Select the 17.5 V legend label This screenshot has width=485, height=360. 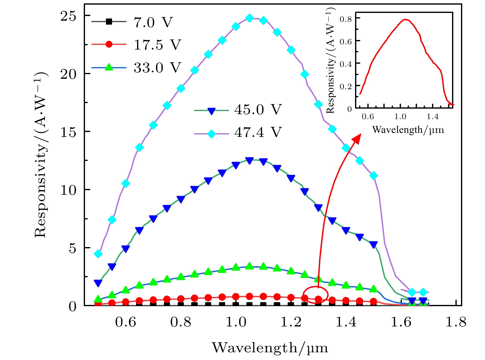157,45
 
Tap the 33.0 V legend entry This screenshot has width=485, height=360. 157,67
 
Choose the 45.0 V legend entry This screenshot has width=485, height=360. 258,110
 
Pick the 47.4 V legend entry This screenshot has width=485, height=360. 258,132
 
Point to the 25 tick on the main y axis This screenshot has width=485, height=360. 68,16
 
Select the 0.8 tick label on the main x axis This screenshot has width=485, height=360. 180,322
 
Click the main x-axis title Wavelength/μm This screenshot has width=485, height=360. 270,348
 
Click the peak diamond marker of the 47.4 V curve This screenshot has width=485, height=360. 250,18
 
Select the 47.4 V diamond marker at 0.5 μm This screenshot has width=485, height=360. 98,254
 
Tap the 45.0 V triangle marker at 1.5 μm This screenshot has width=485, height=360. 374,245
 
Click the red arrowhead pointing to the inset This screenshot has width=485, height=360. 357,138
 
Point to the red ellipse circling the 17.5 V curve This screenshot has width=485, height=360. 315,295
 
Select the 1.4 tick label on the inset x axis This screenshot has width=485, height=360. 432,117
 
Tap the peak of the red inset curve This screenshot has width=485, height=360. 406,20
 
